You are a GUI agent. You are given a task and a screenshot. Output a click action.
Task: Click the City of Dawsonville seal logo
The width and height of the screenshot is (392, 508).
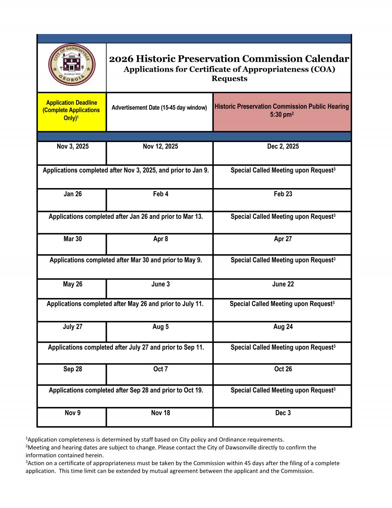pos(72,65)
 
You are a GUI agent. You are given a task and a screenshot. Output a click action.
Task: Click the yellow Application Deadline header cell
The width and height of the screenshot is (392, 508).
pos(72,110)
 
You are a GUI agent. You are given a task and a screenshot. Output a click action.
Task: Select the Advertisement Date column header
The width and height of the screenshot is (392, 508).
pos(159,108)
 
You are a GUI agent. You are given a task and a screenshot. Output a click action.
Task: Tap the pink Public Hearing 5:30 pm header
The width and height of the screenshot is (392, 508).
pos(282,110)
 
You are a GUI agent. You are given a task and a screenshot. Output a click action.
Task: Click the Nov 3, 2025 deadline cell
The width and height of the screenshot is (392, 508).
pos(73,147)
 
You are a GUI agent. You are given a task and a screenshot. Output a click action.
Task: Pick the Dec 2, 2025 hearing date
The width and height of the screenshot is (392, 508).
pos(283,147)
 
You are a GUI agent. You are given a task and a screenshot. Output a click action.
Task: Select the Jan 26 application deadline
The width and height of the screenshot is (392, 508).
pos(73,194)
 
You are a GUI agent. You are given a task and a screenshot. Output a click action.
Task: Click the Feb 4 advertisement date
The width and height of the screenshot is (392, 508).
pos(160,194)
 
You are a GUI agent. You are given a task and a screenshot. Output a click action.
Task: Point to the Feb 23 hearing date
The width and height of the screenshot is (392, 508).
pos(283,194)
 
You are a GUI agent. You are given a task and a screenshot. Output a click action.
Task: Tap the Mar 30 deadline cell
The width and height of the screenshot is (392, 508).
pos(73,239)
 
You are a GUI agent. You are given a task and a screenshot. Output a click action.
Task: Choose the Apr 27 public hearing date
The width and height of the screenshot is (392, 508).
pos(283,239)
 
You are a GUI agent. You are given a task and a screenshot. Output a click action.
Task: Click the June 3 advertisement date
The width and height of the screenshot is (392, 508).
pos(160,284)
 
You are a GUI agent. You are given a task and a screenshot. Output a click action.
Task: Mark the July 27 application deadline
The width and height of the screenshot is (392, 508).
pos(73,326)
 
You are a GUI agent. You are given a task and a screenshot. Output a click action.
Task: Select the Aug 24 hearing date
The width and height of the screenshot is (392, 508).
pos(283,326)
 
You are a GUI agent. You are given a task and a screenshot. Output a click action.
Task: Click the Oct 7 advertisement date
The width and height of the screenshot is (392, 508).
pos(160,369)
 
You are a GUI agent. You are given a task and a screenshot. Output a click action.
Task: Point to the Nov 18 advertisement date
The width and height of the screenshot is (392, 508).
pos(160,413)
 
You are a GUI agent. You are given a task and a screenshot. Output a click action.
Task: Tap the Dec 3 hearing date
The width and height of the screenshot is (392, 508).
pos(283,413)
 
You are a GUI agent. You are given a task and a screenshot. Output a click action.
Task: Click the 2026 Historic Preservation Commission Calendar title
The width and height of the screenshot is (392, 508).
pos(229,59)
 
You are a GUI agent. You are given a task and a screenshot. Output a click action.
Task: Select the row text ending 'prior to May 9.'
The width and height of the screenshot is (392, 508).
pos(126,260)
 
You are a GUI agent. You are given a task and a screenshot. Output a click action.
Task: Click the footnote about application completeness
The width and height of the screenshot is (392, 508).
pos(155,439)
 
